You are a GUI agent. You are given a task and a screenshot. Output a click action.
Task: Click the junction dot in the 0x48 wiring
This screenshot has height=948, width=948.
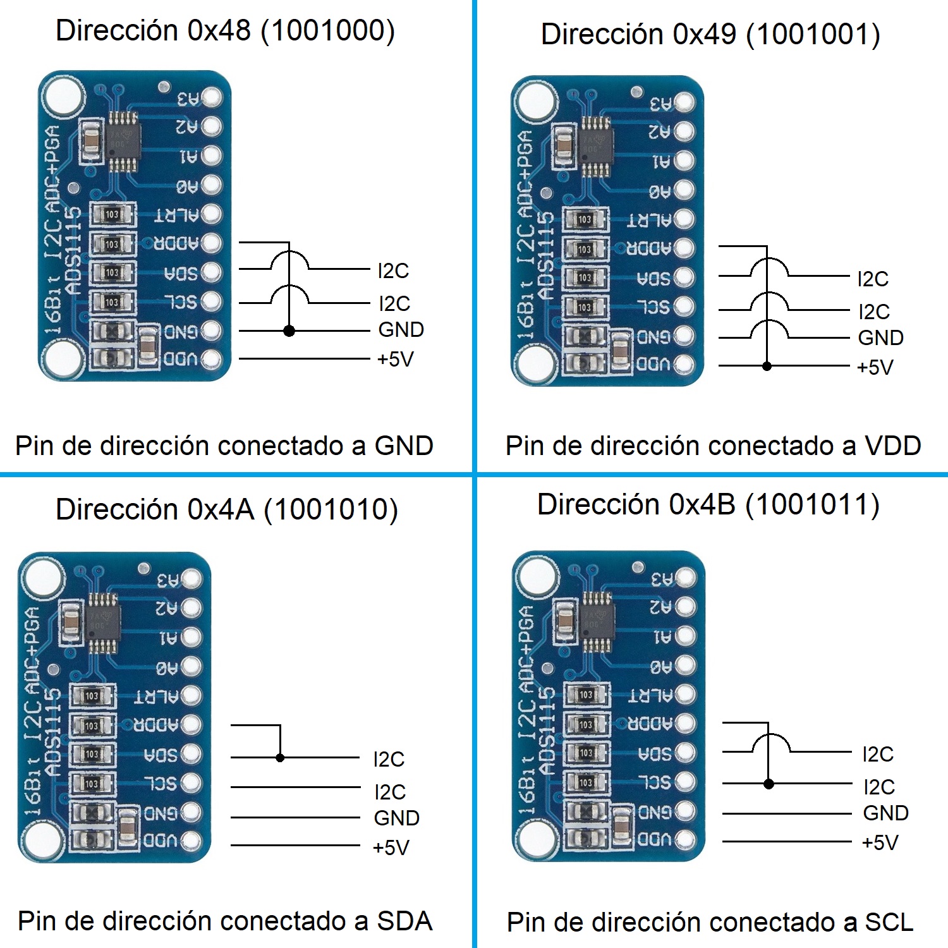289,331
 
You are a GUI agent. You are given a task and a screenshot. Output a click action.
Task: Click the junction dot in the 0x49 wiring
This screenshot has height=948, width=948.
767,366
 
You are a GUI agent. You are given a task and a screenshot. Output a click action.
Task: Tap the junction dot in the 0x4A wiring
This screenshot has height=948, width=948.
280,757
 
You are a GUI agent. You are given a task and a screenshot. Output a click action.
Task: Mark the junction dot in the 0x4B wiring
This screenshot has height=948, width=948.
769,784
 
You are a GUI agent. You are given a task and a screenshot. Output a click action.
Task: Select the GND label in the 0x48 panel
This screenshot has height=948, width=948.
401,329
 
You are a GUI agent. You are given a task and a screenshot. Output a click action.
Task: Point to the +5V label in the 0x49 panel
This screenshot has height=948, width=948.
875,367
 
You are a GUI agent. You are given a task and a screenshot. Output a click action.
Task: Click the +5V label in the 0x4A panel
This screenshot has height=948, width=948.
391,848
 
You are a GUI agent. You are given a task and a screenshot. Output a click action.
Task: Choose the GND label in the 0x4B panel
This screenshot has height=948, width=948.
885,813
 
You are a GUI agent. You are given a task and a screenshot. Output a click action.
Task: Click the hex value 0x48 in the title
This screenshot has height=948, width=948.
219,30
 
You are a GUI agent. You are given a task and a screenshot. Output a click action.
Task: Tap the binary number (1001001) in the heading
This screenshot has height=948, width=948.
813,34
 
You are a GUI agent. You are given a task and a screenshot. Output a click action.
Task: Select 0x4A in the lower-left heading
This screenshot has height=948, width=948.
221,509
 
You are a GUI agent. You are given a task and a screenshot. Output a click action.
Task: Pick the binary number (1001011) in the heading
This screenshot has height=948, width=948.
812,505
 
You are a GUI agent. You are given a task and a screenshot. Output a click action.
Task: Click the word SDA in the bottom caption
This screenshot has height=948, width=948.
404,921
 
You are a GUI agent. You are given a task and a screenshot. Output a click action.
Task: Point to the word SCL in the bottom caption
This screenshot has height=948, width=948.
889,922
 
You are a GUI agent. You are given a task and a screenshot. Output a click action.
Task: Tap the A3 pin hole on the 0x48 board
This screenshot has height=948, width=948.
211,97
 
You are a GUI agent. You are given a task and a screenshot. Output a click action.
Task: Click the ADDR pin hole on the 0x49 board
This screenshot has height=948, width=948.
684,248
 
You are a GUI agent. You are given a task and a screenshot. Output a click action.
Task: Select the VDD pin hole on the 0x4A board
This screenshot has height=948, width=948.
191,841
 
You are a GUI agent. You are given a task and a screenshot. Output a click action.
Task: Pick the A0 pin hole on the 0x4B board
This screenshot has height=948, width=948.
685,665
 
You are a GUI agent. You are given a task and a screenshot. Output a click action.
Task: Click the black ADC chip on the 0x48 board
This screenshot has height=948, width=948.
123,140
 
